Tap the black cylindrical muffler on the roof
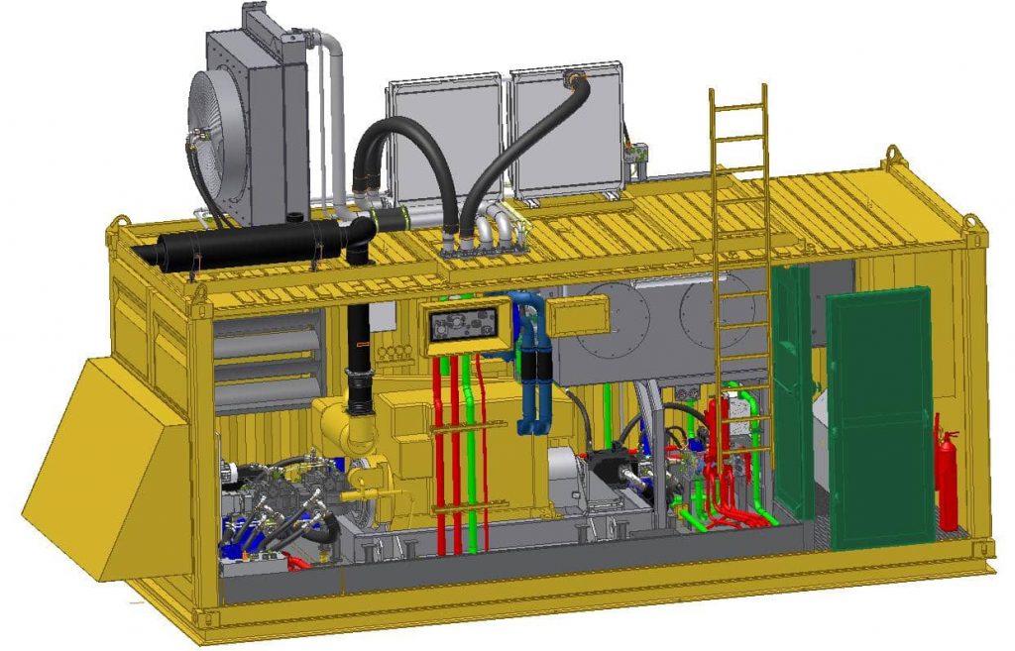click(x=249, y=244)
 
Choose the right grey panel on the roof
click(x=567, y=129)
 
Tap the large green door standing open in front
click(x=880, y=416)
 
